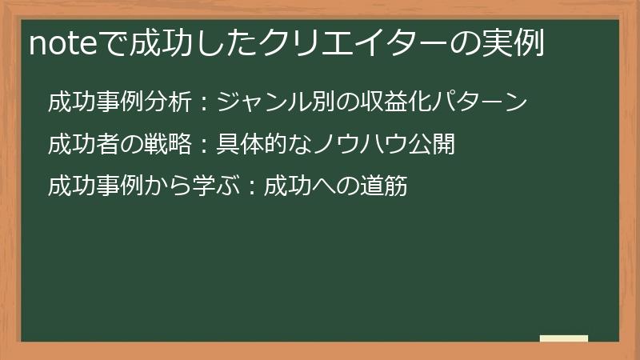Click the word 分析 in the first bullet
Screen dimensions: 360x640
(171, 102)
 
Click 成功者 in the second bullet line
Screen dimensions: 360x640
(79, 145)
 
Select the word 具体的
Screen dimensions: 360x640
(248, 145)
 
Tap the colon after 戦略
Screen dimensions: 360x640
(202, 146)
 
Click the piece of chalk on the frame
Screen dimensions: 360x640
(564, 338)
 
